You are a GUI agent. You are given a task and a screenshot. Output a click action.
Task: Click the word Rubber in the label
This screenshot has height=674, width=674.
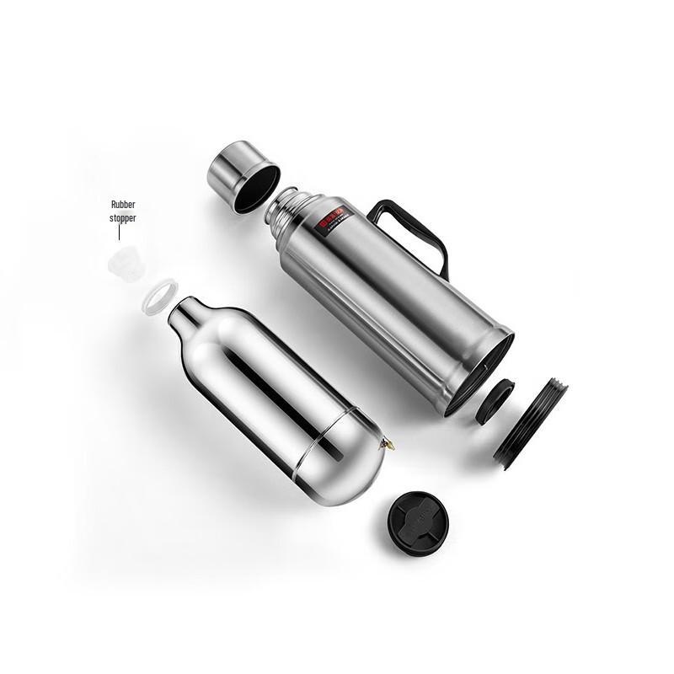click(x=123, y=205)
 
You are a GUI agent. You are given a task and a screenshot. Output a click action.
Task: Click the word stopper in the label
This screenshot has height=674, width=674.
click(x=123, y=218)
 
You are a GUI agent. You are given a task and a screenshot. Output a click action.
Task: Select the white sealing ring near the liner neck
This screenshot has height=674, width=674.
click(x=159, y=297)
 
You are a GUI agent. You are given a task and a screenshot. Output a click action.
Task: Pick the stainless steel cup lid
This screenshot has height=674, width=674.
click(x=240, y=174)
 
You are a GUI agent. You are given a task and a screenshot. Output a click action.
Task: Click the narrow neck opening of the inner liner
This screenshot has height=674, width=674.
click(x=179, y=313)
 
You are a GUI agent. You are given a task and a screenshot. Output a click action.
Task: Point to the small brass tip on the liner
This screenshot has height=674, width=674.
click(x=388, y=444)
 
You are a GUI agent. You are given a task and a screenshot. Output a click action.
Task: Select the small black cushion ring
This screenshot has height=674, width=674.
click(x=495, y=401)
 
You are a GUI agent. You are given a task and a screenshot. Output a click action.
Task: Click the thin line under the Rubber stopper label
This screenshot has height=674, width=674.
click(x=119, y=232)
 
